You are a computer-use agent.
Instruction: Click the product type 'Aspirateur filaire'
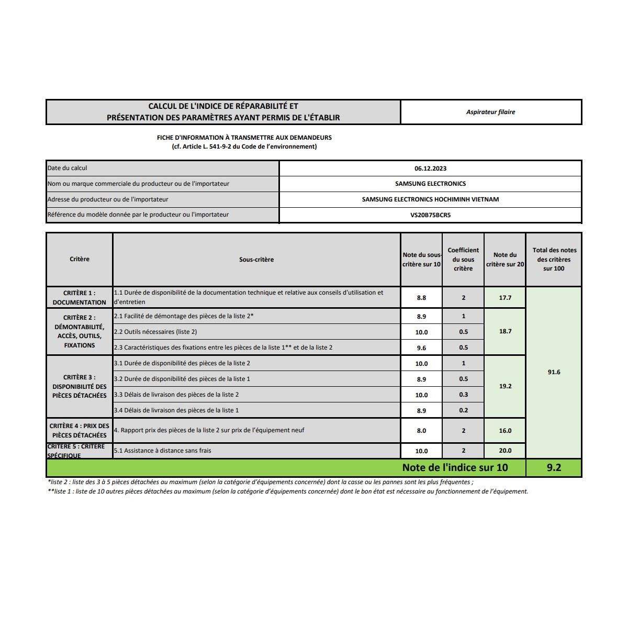coord(490,112)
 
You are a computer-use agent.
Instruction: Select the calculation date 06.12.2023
coord(430,169)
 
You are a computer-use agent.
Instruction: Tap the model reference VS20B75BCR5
coord(430,215)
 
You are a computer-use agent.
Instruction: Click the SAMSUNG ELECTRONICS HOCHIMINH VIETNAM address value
coord(430,199)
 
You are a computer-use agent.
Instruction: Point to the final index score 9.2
coord(554,467)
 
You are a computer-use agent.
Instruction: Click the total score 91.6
coord(554,372)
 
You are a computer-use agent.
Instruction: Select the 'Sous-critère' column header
coord(256,260)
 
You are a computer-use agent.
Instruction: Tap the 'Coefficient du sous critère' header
coord(463,260)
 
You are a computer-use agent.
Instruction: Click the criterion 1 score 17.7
coord(505,298)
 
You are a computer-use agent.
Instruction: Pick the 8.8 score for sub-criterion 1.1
coord(421,298)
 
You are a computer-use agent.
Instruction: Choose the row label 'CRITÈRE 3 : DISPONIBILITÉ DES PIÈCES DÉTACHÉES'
coord(80,386)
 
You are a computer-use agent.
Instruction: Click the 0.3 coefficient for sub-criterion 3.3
coord(463,395)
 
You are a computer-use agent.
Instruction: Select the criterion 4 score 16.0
coord(505,431)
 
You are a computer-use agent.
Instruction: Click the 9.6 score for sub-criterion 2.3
coord(421,347)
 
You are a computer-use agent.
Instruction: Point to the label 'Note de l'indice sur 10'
coord(455,467)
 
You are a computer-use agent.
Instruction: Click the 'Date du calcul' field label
coord(68,168)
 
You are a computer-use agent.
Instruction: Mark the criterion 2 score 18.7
coord(505,331)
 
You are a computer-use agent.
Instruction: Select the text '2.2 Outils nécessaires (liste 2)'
coord(155,332)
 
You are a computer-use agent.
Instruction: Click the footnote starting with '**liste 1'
coord(288,491)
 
